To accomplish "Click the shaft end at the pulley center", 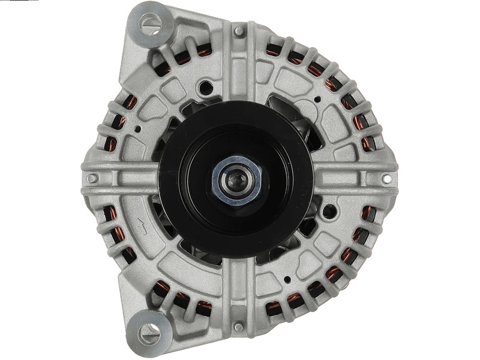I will [x=236, y=178].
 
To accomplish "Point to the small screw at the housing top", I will [x=239, y=31].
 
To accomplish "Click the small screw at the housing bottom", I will [x=239, y=327].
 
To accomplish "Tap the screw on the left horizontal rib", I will [x=91, y=178].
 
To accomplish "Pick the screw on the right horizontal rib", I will [x=386, y=178].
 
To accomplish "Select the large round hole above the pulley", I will [x=206, y=88].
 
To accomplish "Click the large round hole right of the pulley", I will [x=329, y=211].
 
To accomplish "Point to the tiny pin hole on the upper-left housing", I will [x=137, y=128].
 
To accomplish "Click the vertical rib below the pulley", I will [x=239, y=288].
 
